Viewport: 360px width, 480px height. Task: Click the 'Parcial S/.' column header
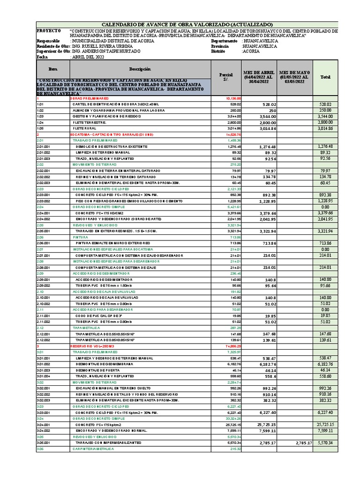pyautogui.click(x=226, y=77)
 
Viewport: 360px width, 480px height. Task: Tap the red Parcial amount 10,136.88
pyautogui.click(x=233, y=98)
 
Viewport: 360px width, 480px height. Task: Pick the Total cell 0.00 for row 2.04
pyautogui.click(x=324, y=207)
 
